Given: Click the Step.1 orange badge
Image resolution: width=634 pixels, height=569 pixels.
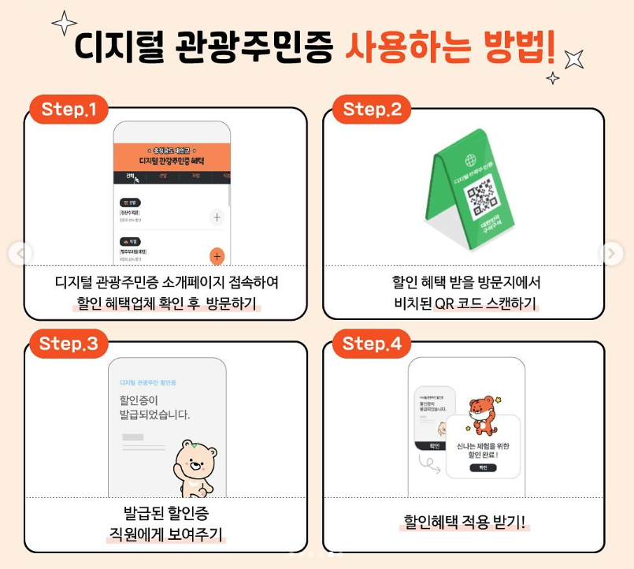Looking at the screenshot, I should (69, 110).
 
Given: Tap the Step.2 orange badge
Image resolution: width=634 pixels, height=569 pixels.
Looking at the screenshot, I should (372, 110).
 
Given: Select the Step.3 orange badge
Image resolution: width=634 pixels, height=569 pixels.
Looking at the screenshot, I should (69, 344).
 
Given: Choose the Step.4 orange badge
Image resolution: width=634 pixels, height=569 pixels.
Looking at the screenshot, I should (372, 344).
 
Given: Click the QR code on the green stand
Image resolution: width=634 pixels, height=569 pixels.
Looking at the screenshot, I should (480, 195).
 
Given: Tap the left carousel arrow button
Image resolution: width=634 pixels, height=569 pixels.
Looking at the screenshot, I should (20, 254).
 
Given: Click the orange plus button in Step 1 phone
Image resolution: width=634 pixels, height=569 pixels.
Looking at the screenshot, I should (217, 256).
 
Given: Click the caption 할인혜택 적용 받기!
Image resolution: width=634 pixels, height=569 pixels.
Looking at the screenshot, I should (464, 522).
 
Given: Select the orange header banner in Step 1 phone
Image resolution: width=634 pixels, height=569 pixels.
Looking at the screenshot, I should (172, 156).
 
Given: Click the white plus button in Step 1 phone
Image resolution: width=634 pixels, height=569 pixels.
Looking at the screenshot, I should (217, 218).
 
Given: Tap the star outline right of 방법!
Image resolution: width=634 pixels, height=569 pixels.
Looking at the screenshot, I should (576, 58).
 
